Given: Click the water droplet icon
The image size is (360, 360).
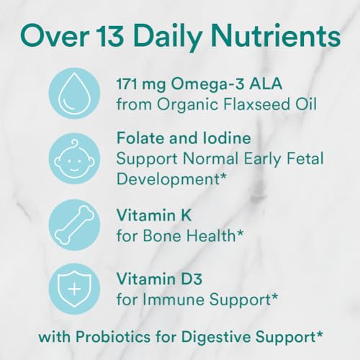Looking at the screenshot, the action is click(x=74, y=93).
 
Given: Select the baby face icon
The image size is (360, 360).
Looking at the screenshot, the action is click(x=74, y=158).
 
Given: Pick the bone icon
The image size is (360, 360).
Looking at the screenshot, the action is click(x=74, y=225).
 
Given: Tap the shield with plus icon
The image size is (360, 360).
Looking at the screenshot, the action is click(x=74, y=289).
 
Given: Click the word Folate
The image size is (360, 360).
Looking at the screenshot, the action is click(x=141, y=138).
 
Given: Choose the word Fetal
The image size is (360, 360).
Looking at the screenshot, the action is click(x=305, y=158).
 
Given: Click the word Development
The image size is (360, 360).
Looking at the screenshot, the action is click(x=168, y=180).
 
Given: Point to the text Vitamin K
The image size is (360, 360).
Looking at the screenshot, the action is click(x=154, y=215).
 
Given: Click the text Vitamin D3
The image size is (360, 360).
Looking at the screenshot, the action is click(x=160, y=279).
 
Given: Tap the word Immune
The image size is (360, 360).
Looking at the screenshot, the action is click(x=174, y=300).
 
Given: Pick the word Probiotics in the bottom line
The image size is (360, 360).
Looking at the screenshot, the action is click(x=113, y=337).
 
